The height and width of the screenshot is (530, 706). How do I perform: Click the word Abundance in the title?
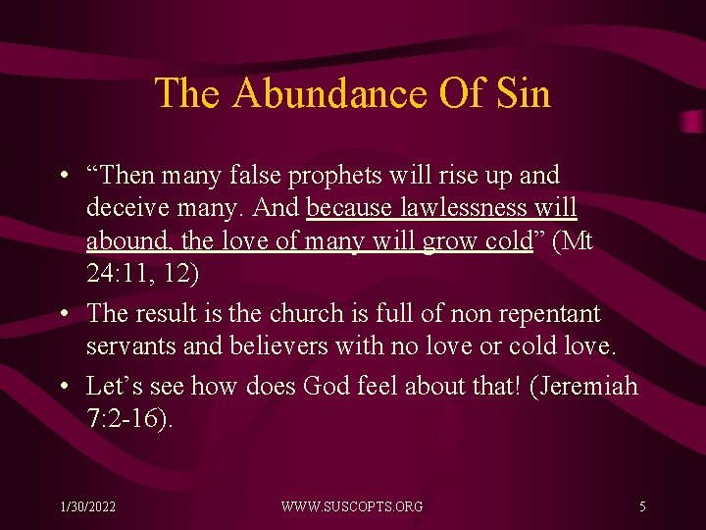328,94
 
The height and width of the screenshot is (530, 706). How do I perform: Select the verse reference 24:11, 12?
143,274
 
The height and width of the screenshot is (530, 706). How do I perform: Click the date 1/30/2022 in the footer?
86,506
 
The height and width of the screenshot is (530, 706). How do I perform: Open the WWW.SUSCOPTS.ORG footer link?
352,506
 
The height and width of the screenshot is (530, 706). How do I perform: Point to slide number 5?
642,506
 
